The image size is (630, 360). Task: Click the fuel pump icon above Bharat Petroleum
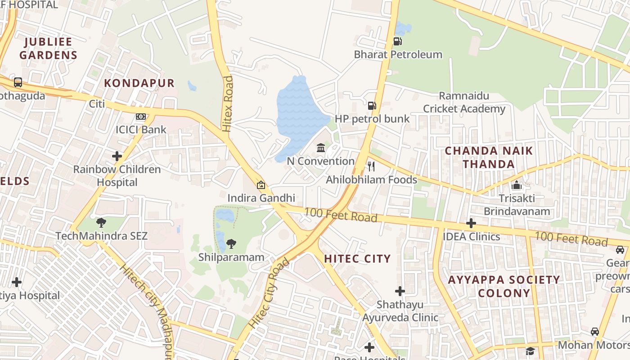click(397, 41)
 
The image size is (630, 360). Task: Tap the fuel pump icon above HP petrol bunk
click(372, 106)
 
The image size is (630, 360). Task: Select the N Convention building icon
click(321, 148)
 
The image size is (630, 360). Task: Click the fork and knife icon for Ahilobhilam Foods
click(371, 166)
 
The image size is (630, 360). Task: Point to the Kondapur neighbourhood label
click(139, 83)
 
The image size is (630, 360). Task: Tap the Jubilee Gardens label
click(48, 49)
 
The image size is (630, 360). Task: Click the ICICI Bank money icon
click(141, 117)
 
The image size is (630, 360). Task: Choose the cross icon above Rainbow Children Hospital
click(117, 156)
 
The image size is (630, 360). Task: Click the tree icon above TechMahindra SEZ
click(101, 222)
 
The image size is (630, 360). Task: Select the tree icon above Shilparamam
click(231, 244)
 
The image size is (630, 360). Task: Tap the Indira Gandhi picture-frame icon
click(261, 185)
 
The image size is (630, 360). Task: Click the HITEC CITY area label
click(357, 259)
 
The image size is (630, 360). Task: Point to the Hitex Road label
click(228, 103)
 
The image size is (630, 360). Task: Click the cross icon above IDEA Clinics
click(471, 223)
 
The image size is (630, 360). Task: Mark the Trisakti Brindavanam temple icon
click(517, 185)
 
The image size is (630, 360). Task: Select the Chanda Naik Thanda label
click(489, 157)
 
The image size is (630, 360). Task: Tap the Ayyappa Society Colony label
click(504, 286)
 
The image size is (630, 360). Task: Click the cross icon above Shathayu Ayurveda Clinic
click(400, 291)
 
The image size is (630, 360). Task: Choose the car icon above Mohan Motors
click(595, 332)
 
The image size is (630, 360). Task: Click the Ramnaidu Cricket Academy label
click(464, 102)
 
